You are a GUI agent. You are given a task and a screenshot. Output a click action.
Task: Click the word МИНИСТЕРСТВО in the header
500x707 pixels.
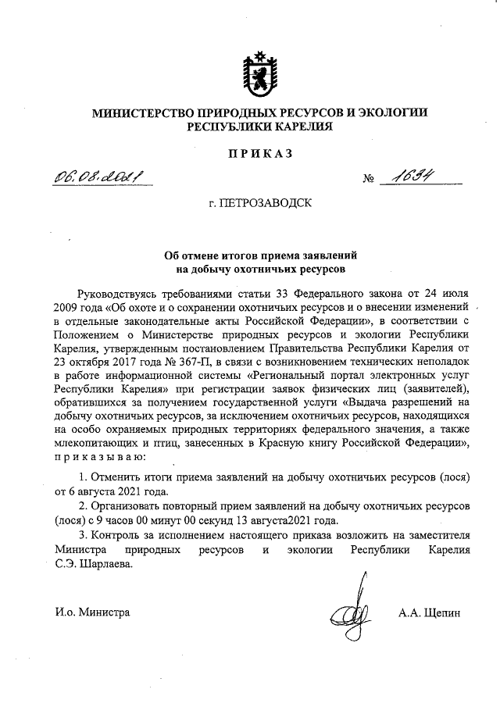142,112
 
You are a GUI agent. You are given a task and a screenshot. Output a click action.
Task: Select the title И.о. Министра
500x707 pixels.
91,612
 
